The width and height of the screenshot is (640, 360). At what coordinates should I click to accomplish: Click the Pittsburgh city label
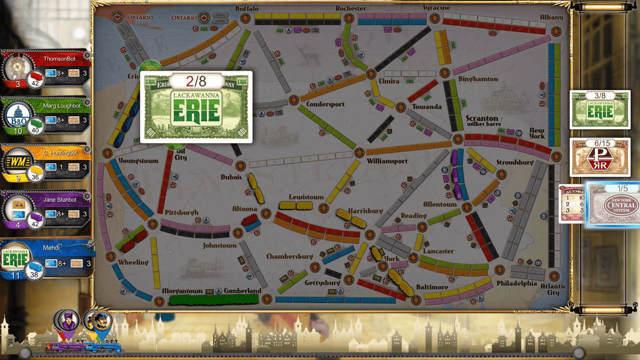pyautogui.click(x=181, y=213)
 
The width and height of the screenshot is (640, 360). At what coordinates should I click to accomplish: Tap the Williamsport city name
pyautogui.click(x=387, y=161)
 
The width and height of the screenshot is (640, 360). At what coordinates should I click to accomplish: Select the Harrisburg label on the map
pyautogui.click(x=365, y=211)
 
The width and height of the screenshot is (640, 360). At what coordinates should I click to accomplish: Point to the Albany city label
pyautogui.click(x=551, y=17)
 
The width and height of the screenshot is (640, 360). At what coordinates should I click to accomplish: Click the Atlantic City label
pyautogui.click(x=553, y=289)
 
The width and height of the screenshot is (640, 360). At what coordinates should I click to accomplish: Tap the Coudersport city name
pyautogui.click(x=325, y=104)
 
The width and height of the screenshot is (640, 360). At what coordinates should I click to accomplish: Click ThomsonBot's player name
pyautogui.click(x=59, y=59)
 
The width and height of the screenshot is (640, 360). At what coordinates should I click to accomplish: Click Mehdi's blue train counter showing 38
pyautogui.click(x=34, y=272)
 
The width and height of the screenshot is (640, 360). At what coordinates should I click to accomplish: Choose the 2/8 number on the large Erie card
pyautogui.click(x=196, y=81)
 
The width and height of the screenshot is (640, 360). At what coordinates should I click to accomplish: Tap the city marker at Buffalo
pyautogui.click(x=245, y=18)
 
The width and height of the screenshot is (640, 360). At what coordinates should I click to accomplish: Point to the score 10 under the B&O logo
pyautogui.click(x=18, y=131)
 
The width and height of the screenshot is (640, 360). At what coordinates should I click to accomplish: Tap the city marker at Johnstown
pyautogui.click(x=238, y=233)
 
